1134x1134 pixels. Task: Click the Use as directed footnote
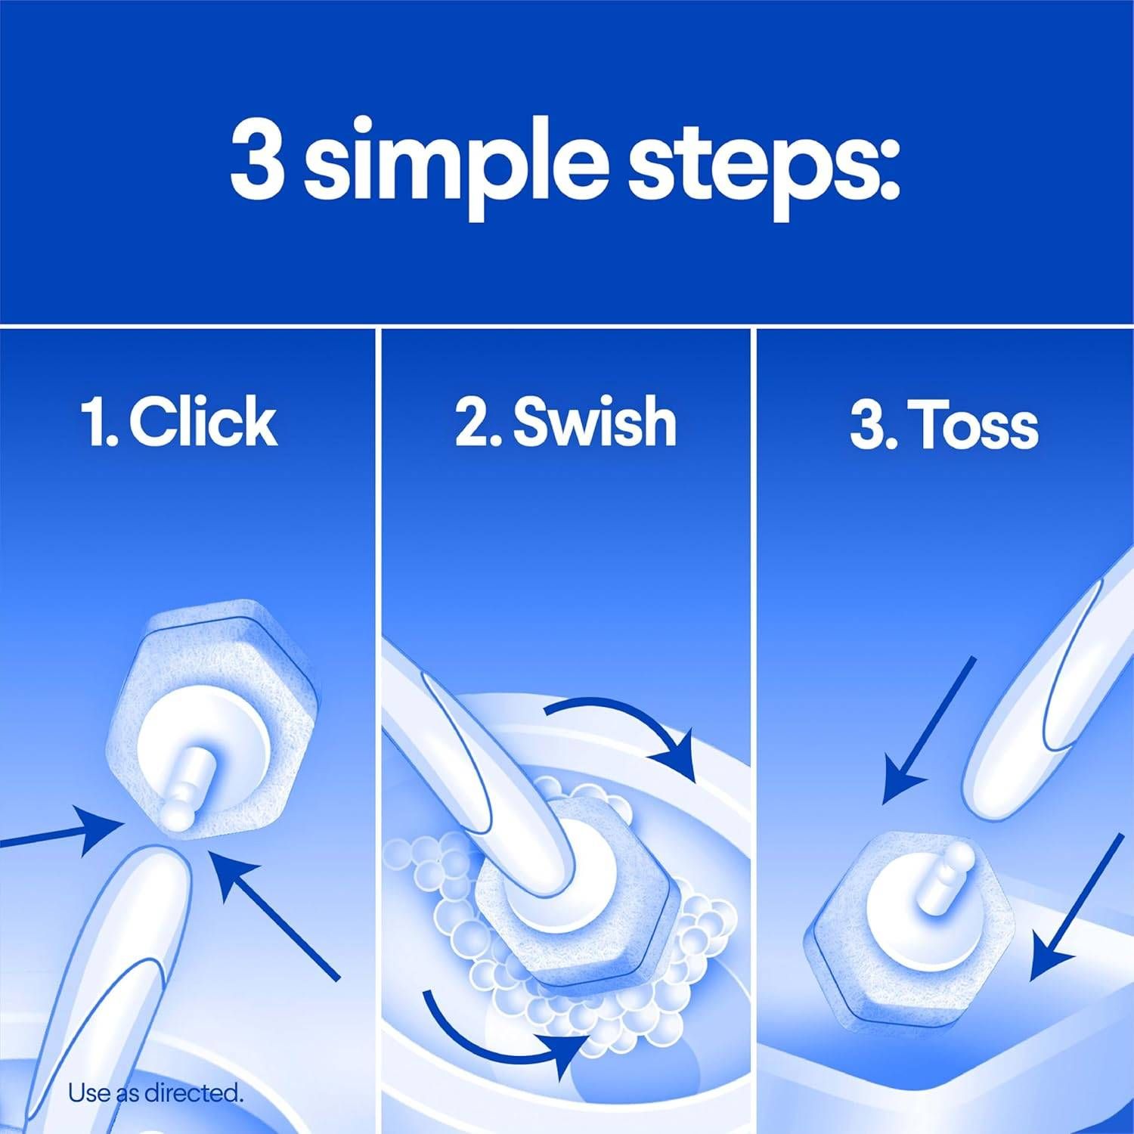(156, 1092)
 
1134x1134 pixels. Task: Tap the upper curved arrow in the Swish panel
(627, 726)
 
